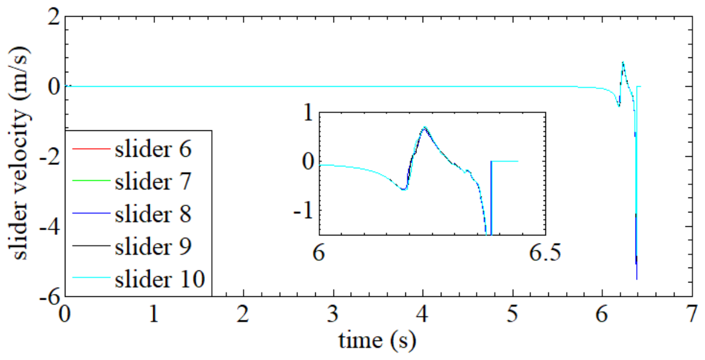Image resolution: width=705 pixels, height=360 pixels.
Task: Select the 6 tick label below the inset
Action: pyautogui.click(x=320, y=253)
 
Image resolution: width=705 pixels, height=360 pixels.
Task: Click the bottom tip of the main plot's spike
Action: pyautogui.click(x=637, y=279)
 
